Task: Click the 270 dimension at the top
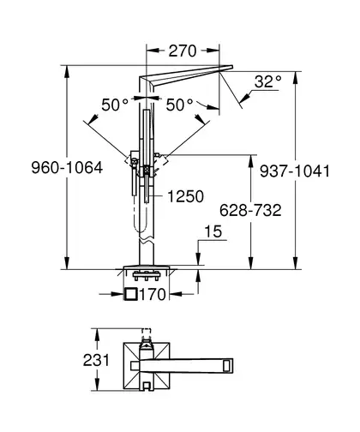pos(183,51)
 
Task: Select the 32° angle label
pos(267,81)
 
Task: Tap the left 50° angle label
pos(115,105)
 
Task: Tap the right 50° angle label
pos(179,105)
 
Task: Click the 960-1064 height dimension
pos(67,167)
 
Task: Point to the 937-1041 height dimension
pos(295,171)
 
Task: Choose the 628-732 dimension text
pos(250,210)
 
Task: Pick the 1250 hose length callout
pos(185,196)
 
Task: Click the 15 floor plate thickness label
pos(213,231)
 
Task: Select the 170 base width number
pos(153,295)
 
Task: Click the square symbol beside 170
pos(131,294)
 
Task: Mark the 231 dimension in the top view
pos(96,360)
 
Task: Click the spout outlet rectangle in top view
pos(228,365)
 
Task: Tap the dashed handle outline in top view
pos(146,333)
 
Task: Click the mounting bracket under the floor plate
pos(146,275)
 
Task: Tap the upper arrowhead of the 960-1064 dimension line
pos(67,71)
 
